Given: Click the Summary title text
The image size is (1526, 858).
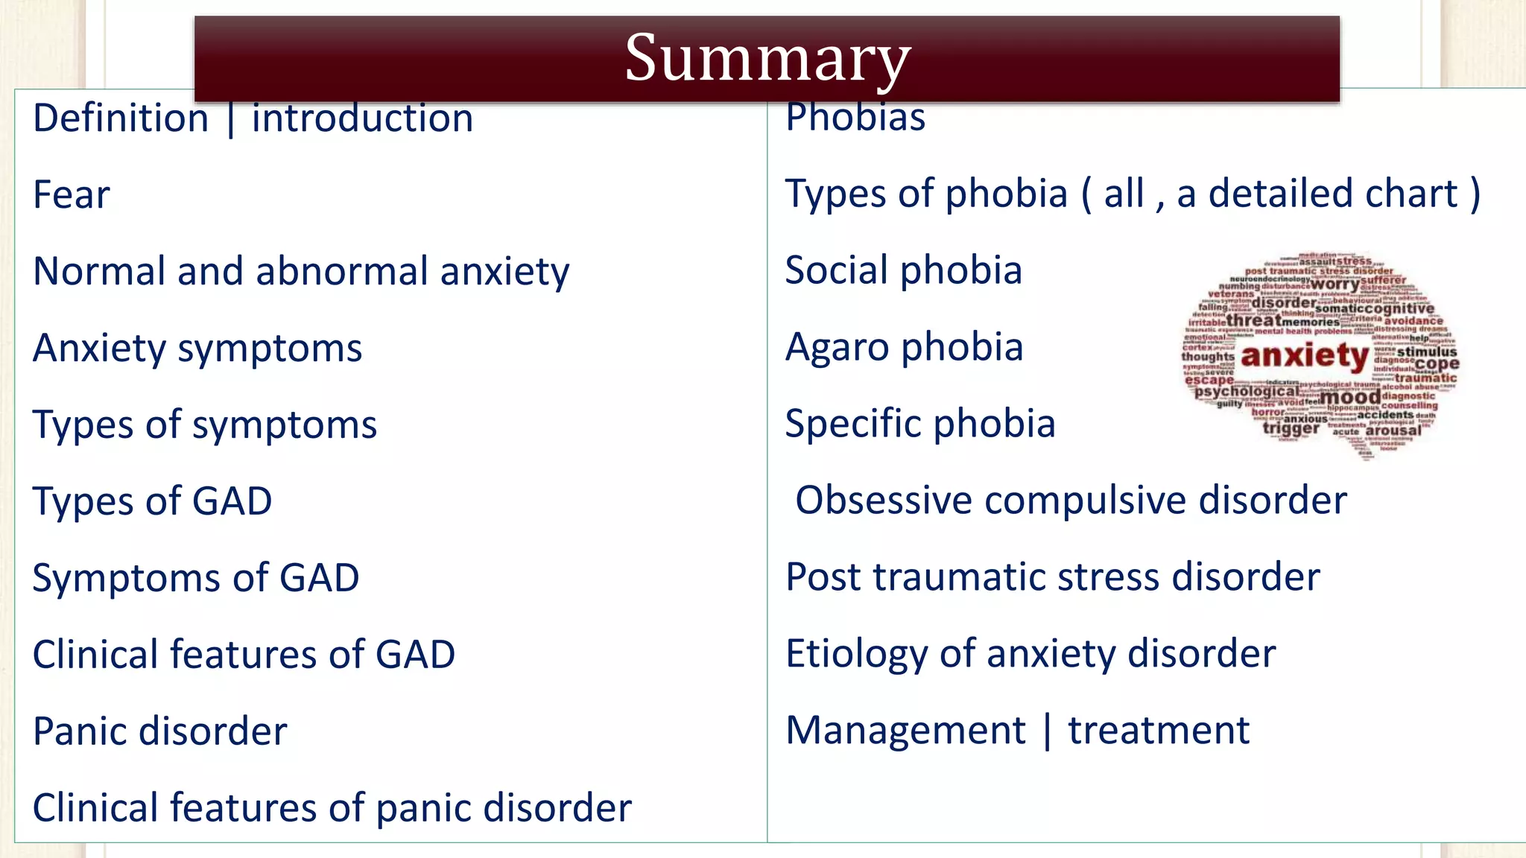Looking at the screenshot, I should coord(767,58).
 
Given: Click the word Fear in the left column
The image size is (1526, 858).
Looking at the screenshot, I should coord(72,195).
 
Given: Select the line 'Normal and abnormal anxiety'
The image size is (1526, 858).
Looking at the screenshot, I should coord(301,272).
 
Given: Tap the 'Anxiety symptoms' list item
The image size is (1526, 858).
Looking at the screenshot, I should coord(197,349).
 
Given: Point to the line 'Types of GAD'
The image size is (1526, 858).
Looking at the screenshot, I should coord(152,501).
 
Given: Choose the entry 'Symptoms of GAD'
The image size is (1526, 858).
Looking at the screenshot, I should coord(196,578).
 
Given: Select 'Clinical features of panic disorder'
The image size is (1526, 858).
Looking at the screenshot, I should coord(332,808).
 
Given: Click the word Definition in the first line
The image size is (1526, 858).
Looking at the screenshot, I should coord(121,119).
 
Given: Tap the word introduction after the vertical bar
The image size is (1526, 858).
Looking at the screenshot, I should coord(362,119).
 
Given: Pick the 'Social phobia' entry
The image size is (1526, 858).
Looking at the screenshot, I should coord(903,270).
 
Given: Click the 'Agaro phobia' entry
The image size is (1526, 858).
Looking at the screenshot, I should coord(904,348).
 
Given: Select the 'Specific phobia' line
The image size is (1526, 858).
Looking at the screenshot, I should coord(920,425).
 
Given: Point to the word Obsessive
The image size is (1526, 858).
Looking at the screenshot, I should coord(884,500).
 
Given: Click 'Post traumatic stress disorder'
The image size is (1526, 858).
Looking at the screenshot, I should coord(1052,577).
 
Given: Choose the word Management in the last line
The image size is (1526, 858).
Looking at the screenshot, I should coord(905,731).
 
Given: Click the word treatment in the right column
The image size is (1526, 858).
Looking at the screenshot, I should coord(1159,731).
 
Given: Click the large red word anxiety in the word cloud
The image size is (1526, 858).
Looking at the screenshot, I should coord(1305,356).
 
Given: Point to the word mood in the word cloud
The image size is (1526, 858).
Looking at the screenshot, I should coord(1350,398).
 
